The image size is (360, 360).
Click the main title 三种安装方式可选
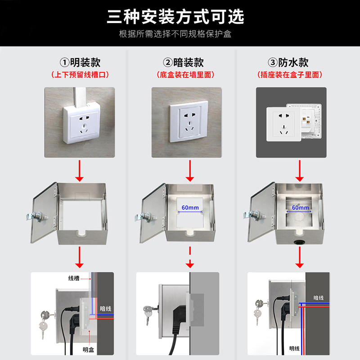pyautogui.click(x=175, y=17)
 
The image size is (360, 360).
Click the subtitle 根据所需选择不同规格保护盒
pyautogui.click(x=175, y=34)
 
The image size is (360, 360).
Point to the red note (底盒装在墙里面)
pyautogui.click(x=186, y=75)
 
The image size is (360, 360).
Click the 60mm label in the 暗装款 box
pyautogui.click(x=190, y=207)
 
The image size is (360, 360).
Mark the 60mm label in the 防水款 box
pyautogui.click(x=301, y=207)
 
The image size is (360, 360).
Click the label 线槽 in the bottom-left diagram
pyautogui.click(x=74, y=278)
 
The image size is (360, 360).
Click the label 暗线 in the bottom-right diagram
pyautogui.click(x=319, y=297)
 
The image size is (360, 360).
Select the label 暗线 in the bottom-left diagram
pyautogui.click(x=105, y=309)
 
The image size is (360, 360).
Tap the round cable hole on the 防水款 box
pyautogui.click(x=298, y=241)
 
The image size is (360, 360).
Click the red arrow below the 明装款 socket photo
pyautogui.click(x=80, y=175)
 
